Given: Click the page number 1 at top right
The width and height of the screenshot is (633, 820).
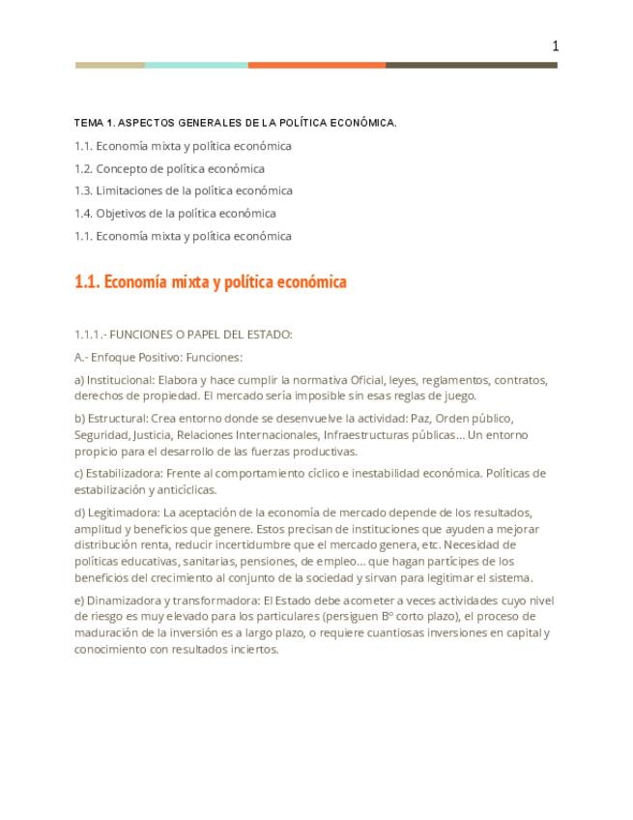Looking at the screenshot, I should coord(556,45).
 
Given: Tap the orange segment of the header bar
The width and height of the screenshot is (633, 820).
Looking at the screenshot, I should coord(316,66).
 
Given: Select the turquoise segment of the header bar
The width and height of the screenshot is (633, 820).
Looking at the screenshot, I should coord(196,66).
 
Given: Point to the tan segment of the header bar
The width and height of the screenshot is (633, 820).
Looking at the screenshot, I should coord(110,66).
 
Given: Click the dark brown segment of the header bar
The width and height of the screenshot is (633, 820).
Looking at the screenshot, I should coord(471,66).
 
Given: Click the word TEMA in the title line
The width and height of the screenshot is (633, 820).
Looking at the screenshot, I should coord(89,124).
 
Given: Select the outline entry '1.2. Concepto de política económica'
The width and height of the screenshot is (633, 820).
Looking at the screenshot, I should coord(169,168).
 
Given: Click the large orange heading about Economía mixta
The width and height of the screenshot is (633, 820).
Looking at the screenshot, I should coord(210,282).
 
